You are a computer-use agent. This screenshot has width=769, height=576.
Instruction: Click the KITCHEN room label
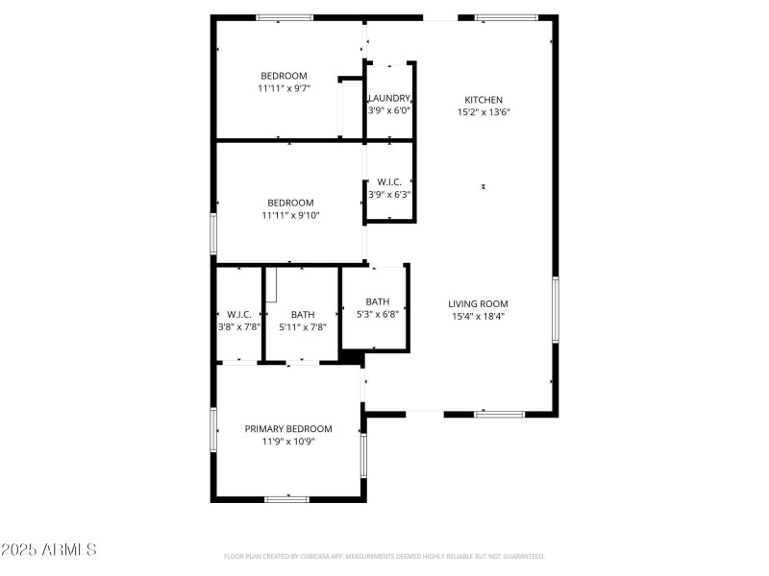pyautogui.click(x=484, y=100)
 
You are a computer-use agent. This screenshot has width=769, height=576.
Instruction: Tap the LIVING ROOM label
pyautogui.click(x=478, y=303)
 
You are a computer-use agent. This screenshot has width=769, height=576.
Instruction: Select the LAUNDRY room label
pyautogui.click(x=389, y=98)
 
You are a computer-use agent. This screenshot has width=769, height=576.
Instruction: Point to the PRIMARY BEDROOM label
pyautogui.click(x=288, y=429)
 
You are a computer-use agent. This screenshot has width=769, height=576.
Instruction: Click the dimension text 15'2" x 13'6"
pyautogui.click(x=484, y=112)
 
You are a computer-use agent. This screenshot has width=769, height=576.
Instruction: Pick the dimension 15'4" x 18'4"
pyautogui.click(x=478, y=316)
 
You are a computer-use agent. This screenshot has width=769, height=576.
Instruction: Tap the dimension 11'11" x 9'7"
pyautogui.click(x=284, y=88)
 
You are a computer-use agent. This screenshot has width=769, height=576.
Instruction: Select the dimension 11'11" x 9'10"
pyautogui.click(x=290, y=215)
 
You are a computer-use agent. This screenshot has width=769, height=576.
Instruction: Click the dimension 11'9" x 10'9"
pyautogui.click(x=288, y=442)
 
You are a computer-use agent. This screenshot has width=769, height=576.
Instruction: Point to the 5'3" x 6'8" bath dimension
pyautogui.click(x=377, y=313)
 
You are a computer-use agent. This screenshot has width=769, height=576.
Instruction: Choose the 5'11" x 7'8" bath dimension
pyautogui.click(x=303, y=326)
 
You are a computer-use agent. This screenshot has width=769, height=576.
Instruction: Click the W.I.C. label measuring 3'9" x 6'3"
pyautogui.click(x=389, y=181)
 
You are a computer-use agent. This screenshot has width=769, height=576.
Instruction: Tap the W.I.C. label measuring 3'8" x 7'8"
pyautogui.click(x=238, y=314)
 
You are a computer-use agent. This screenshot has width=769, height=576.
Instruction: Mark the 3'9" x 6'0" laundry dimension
pyautogui.click(x=389, y=110)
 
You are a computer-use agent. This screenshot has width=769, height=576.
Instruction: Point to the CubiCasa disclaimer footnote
pyautogui.click(x=384, y=556)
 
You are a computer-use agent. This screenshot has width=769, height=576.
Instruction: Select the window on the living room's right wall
pyautogui.click(x=555, y=309)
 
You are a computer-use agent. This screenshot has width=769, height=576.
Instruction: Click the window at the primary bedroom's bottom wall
pyautogui.click(x=286, y=498)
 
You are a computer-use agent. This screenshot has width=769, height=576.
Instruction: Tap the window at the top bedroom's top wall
pyautogui.click(x=284, y=17)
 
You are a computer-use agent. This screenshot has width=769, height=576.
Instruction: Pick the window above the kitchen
pyautogui.click(x=507, y=17)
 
